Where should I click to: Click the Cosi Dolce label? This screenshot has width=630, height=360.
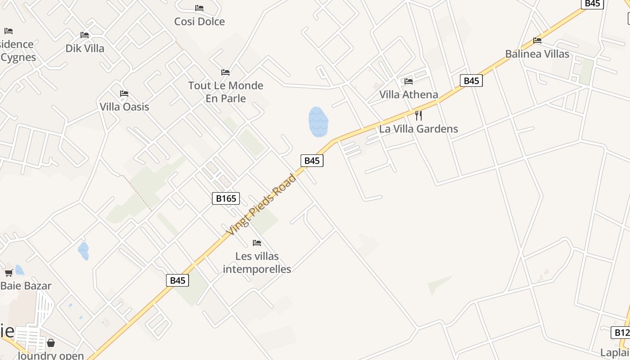(x=199, y=22)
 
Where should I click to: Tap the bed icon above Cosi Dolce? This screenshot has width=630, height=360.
(x=199, y=8)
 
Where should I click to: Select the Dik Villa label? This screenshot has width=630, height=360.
(x=85, y=49)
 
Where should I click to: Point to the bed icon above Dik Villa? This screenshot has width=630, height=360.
(x=85, y=35)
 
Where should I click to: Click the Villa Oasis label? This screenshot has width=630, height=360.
(x=124, y=107)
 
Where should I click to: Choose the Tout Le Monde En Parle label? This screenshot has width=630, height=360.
(x=225, y=92)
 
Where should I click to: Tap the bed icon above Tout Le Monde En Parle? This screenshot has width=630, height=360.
(x=225, y=72)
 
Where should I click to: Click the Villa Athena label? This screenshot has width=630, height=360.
(x=409, y=94)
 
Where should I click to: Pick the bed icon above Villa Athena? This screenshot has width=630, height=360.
(x=409, y=81)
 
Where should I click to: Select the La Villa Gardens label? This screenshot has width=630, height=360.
(x=418, y=129)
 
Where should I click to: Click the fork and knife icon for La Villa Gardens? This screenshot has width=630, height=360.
(x=418, y=115)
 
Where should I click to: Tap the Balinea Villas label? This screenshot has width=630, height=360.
(x=537, y=54)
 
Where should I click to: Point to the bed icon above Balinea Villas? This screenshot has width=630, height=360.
(x=537, y=40)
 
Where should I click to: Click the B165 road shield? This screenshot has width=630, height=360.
(x=226, y=198)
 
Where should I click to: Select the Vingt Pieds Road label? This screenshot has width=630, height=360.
(x=261, y=205)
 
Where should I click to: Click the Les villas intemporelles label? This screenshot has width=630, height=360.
(x=257, y=263)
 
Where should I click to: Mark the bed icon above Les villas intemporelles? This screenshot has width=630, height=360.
(x=257, y=243)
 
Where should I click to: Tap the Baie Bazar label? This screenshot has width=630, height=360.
(x=26, y=286)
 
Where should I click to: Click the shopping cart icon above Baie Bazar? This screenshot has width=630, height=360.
(x=9, y=273)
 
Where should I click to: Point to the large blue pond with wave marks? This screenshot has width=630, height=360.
(x=318, y=122)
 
